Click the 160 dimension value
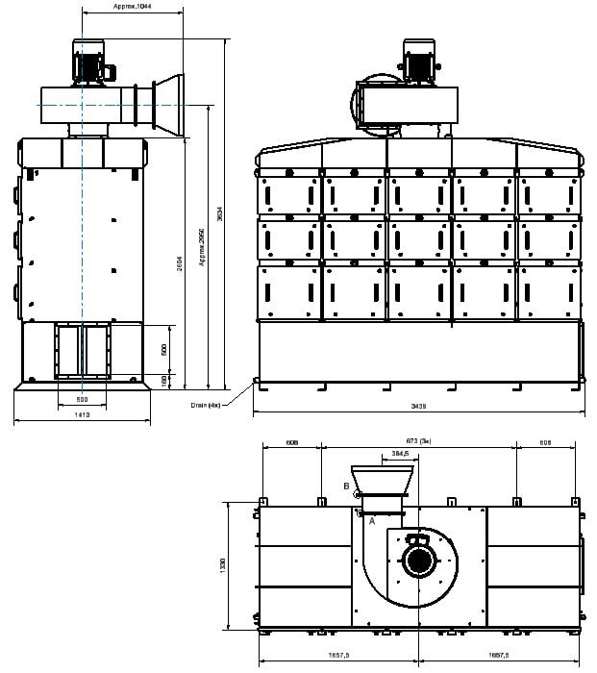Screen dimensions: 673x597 (x=165, y=381)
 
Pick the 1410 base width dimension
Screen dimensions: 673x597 (x=82, y=414)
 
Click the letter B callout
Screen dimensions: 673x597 (x=345, y=486)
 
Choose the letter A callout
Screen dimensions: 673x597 (x=371, y=520)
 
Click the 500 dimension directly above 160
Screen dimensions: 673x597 (x=165, y=349)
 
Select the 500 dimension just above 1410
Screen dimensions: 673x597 (x=82, y=399)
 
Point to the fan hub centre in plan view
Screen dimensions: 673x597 (x=419, y=560)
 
